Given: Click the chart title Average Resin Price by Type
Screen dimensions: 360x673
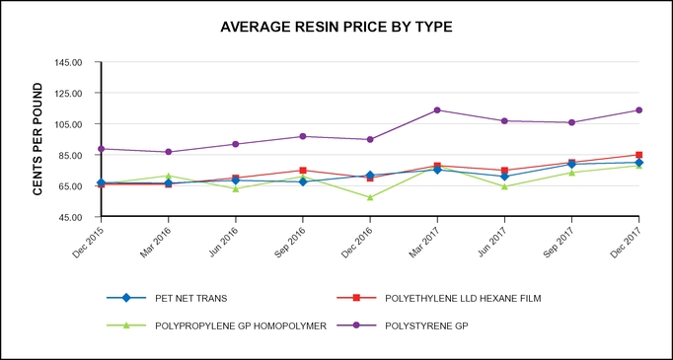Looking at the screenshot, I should (x=336, y=27).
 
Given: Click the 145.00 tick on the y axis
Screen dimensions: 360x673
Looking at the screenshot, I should (x=70, y=62).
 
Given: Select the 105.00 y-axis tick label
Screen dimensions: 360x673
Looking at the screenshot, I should (x=70, y=124).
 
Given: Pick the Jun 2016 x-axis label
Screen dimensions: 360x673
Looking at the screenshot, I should (x=224, y=240).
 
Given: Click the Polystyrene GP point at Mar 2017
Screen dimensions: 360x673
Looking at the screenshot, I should (x=437, y=110).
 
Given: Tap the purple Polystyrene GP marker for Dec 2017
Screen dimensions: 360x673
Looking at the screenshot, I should (x=638, y=110).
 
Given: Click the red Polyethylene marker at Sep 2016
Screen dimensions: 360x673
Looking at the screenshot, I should (x=303, y=171).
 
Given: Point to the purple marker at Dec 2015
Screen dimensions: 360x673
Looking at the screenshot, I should (x=101, y=149).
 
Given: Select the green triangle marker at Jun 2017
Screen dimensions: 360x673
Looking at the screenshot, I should (x=504, y=186).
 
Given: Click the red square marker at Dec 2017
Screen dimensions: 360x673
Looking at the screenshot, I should (x=638, y=155).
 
